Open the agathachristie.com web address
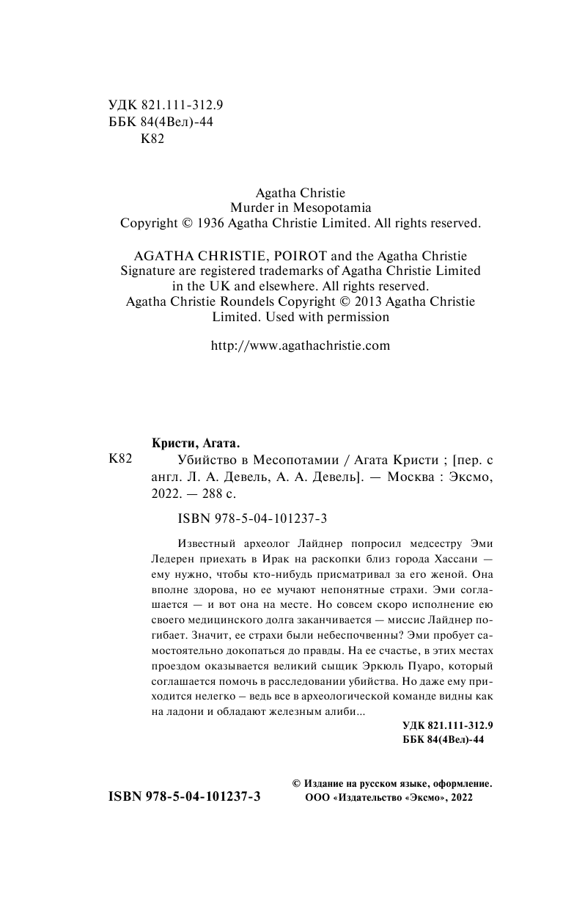click(x=300, y=345)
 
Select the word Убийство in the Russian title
click(x=205, y=460)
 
